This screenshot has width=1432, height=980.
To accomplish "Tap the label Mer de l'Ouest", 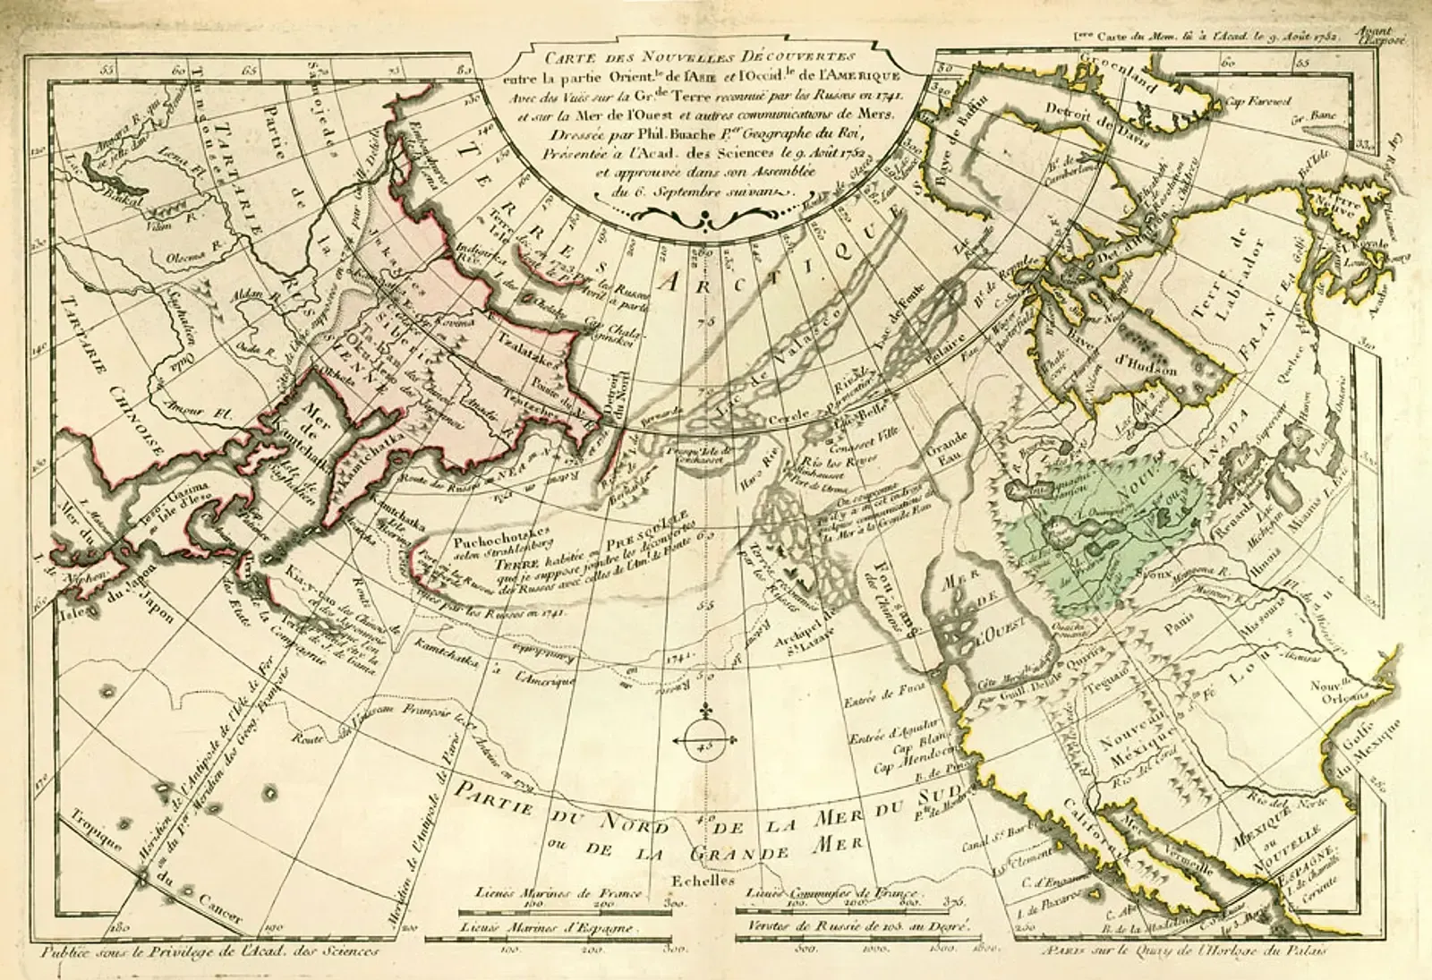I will point(965,609).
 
